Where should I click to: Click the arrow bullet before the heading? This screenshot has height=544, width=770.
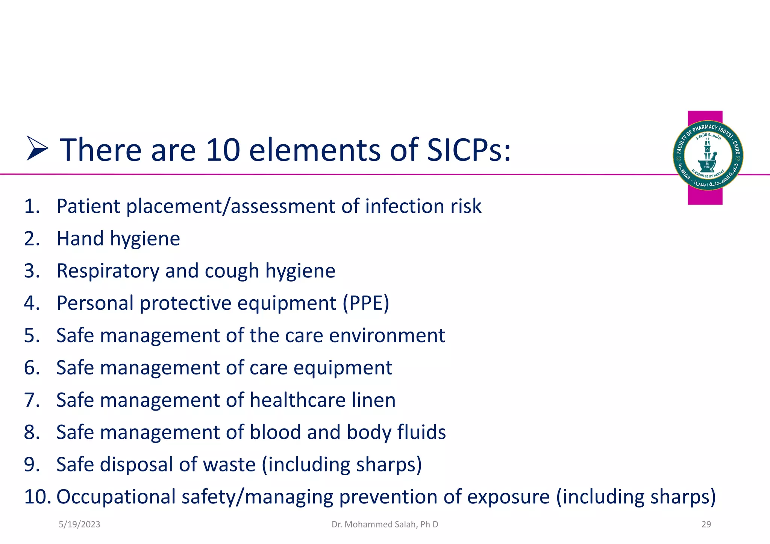37,149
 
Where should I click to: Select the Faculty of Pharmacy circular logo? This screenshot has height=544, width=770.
708,155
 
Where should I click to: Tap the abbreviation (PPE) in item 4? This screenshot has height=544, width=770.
365,303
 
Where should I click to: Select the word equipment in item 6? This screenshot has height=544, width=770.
343,368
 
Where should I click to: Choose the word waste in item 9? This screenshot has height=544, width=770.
229,464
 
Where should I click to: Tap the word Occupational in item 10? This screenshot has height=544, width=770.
116,497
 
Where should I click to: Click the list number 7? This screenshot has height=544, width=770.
32,400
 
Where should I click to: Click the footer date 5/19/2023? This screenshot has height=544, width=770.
79,524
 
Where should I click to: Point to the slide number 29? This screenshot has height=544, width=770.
706,524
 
